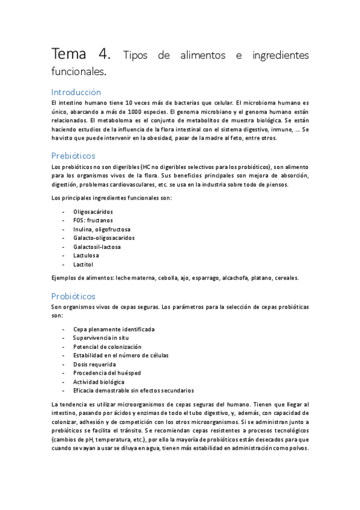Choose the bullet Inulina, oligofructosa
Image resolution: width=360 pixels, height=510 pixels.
click(x=102, y=229)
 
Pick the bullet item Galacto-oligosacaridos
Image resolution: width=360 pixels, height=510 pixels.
click(x=103, y=238)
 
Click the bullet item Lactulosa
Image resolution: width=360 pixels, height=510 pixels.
click(x=87, y=256)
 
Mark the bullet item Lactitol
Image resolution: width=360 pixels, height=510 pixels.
click(x=84, y=264)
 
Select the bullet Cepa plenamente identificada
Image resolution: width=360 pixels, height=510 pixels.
click(x=114, y=330)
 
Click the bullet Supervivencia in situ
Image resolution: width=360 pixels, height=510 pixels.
click(x=101, y=338)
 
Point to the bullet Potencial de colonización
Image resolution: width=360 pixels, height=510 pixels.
click(x=107, y=347)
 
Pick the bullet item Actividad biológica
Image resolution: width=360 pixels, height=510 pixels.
click(x=99, y=382)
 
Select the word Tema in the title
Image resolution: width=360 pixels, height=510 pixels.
click(x=70, y=55)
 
